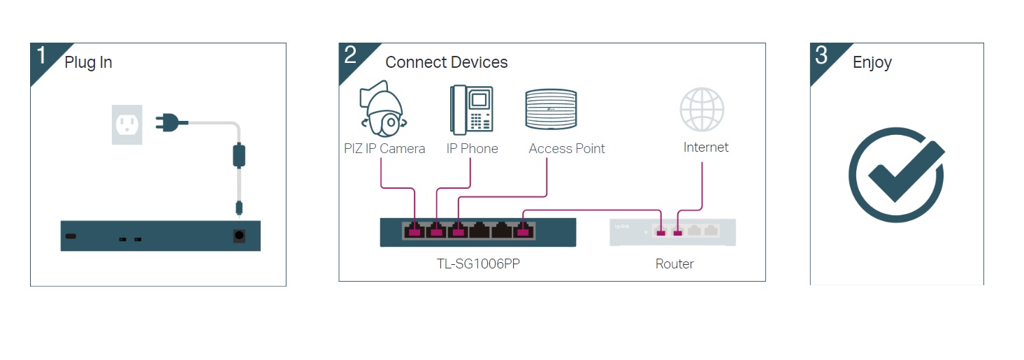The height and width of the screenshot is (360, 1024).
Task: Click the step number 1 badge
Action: (x=42, y=56)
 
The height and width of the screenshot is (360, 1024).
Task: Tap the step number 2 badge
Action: (x=351, y=56)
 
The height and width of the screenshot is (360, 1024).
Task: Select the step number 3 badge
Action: (x=822, y=56)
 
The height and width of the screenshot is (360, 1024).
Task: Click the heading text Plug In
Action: (x=88, y=62)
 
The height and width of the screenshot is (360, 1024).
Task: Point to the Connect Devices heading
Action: (x=446, y=62)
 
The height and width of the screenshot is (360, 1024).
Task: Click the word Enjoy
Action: (x=872, y=62)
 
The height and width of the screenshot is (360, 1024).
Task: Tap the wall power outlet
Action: (x=127, y=124)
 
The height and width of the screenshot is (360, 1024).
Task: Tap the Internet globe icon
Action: (x=702, y=110)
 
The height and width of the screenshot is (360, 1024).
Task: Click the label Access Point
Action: (x=567, y=148)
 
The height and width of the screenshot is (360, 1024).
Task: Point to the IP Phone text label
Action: (x=473, y=148)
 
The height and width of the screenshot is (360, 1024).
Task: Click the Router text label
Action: (x=675, y=264)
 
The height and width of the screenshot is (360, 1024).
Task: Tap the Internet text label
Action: (x=706, y=147)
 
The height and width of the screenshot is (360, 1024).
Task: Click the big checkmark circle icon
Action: (x=896, y=175)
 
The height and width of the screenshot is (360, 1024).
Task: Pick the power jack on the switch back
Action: (x=239, y=236)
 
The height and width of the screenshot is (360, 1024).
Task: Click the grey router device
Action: (x=672, y=232)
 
